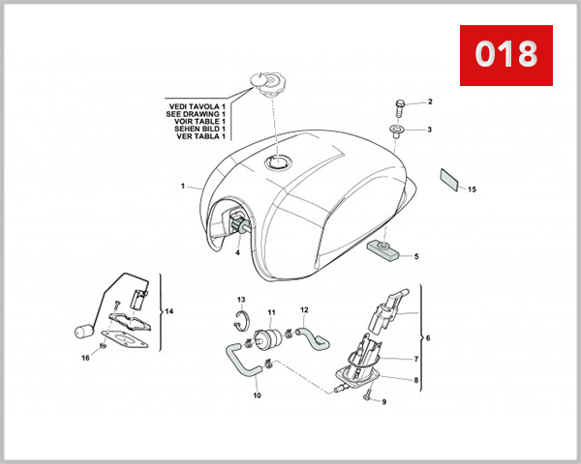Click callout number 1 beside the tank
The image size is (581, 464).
pyautogui.click(x=181, y=184)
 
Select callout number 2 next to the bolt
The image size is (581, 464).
pyautogui.click(x=429, y=101)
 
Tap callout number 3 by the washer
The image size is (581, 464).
pyautogui.click(x=429, y=129)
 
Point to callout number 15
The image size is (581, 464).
pyautogui.click(x=472, y=189)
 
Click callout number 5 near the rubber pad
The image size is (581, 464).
pyautogui.click(x=415, y=256)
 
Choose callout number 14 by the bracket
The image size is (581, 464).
pyautogui.click(x=169, y=311)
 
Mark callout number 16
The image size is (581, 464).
pyautogui.click(x=84, y=358)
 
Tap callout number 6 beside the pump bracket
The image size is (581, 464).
pyautogui.click(x=428, y=337)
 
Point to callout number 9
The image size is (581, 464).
pyautogui.click(x=383, y=401)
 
